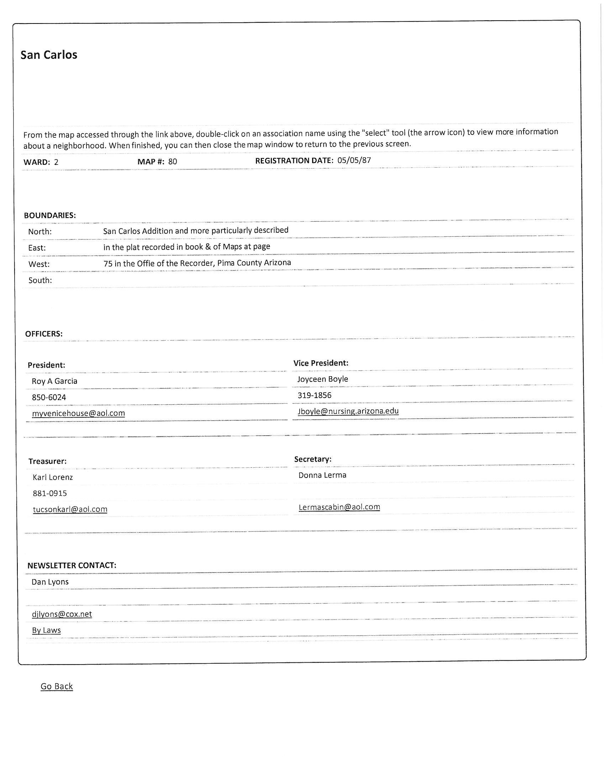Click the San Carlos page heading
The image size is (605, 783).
(x=49, y=55)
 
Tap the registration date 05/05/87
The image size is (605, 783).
(x=354, y=160)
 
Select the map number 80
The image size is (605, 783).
(x=172, y=161)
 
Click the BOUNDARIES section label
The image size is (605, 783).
(x=50, y=215)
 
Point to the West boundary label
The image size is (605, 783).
(x=39, y=264)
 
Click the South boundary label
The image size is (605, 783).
(x=40, y=280)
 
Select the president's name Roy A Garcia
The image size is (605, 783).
(x=54, y=381)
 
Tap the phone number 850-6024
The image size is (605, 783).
(x=49, y=397)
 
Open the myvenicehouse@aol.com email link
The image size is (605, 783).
(x=79, y=413)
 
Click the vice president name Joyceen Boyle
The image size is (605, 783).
(x=322, y=379)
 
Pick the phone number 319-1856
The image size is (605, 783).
(x=314, y=395)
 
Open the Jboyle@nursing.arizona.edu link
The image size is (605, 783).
(x=348, y=411)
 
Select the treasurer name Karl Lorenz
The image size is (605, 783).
(x=53, y=477)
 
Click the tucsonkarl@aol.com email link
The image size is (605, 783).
(x=70, y=509)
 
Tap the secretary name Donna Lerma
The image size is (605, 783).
(x=322, y=475)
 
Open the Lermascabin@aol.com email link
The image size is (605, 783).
(x=339, y=507)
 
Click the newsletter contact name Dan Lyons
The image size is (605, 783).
(x=50, y=582)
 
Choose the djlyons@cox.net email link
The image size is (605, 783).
(x=62, y=614)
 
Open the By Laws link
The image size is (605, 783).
(x=47, y=630)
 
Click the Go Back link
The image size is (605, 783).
(x=57, y=686)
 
